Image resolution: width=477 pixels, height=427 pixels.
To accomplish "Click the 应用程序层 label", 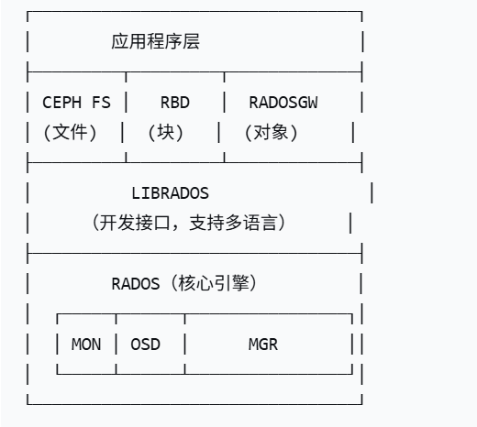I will click(x=155, y=42).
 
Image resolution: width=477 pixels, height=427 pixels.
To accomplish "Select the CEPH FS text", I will click(x=76, y=103).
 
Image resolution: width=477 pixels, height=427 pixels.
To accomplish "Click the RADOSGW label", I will click(x=283, y=103).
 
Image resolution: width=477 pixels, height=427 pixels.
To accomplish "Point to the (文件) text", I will click(x=71, y=133).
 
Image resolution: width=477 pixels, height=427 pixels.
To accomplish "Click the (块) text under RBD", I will click(x=166, y=133).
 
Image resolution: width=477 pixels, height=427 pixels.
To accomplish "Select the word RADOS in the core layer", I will click(x=135, y=283).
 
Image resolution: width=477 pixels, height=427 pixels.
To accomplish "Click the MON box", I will click(x=86, y=345).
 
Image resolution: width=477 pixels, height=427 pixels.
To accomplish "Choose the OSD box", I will click(x=146, y=345).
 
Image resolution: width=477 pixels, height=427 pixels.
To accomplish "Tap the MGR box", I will click(x=262, y=345).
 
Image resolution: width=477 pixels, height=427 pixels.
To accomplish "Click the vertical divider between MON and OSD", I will click(x=116, y=345).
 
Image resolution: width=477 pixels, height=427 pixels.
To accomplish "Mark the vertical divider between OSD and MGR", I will click(x=185, y=345).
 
